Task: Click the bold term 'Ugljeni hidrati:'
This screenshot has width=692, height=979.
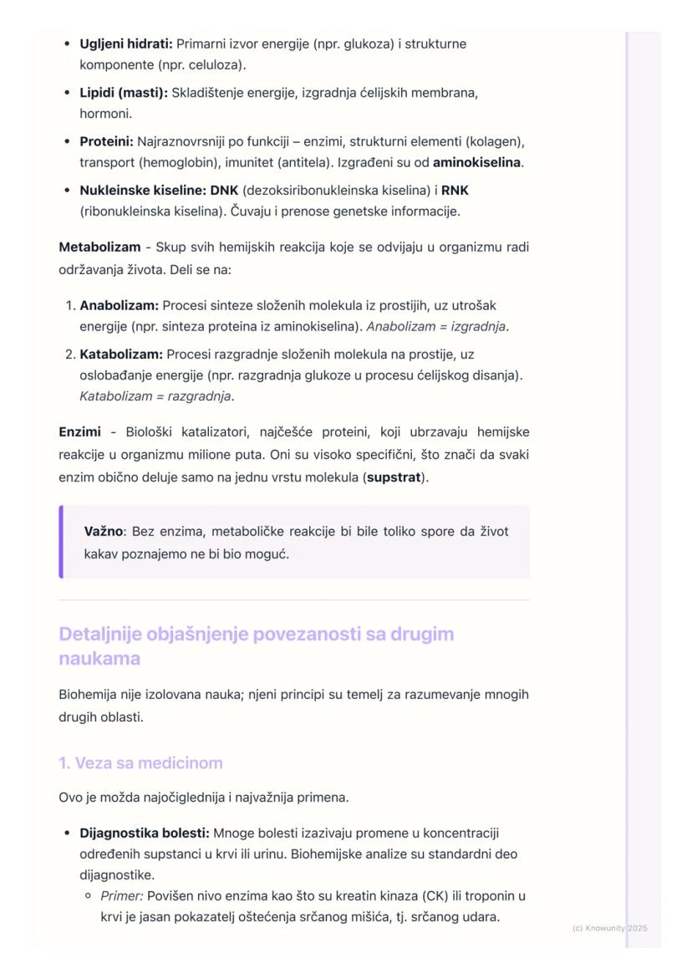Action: pyautogui.click(x=125, y=43)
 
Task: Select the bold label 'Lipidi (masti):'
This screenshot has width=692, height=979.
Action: pyautogui.click(x=124, y=93)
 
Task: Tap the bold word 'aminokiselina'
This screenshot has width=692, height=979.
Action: pyautogui.click(x=476, y=162)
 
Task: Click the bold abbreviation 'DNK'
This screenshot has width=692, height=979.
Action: pyautogui.click(x=224, y=191)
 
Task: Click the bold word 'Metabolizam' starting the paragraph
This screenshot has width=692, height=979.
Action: pyautogui.click(x=99, y=247)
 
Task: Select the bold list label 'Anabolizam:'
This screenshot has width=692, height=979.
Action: pyautogui.click(x=119, y=306)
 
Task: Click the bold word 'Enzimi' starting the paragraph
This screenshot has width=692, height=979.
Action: pyautogui.click(x=79, y=432)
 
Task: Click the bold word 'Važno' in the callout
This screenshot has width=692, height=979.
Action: pyautogui.click(x=104, y=532)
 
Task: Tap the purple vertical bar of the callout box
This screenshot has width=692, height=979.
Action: pyautogui.click(x=61, y=542)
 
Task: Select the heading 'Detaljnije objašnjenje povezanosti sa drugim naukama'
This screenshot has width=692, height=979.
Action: pyautogui.click(x=256, y=645)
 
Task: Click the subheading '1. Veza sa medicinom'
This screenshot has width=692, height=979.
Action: pyautogui.click(x=140, y=763)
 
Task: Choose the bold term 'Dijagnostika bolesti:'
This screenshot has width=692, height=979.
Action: pyautogui.click(x=145, y=834)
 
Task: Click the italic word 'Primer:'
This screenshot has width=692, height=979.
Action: pyautogui.click(x=122, y=896)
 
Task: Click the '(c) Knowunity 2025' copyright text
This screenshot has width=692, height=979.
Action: pyautogui.click(x=609, y=928)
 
